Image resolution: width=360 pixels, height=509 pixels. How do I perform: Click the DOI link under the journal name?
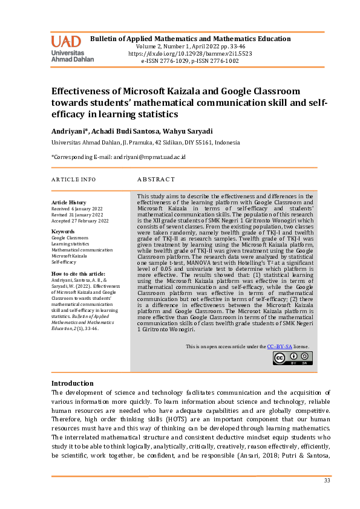pyautogui.click(x=190, y=54)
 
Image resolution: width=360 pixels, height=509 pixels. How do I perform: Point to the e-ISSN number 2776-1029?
pyautogui.click(x=175, y=61)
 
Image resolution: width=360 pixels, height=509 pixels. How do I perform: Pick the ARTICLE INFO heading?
pyautogui.click(x=73, y=180)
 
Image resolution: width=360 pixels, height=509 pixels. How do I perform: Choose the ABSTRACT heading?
pyautogui.click(x=156, y=180)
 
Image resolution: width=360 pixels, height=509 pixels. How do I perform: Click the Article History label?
pyautogui.click(x=69, y=203)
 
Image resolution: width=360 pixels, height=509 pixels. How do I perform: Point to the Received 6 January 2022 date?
pyautogui.click(x=77, y=209)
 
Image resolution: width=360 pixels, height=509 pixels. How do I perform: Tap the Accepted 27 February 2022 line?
pyautogui.click(x=80, y=221)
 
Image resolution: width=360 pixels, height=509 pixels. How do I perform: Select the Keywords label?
pyautogui.click(x=63, y=232)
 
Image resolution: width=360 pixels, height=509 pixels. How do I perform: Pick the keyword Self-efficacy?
pyautogui.click(x=64, y=262)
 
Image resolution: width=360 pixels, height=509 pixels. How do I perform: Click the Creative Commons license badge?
pyautogui.click(x=292, y=358)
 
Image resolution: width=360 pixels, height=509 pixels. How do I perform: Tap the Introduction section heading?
pyautogui.click(x=72, y=383)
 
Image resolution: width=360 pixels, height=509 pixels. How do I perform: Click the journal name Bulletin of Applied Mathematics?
pyautogui.click(x=191, y=39)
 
